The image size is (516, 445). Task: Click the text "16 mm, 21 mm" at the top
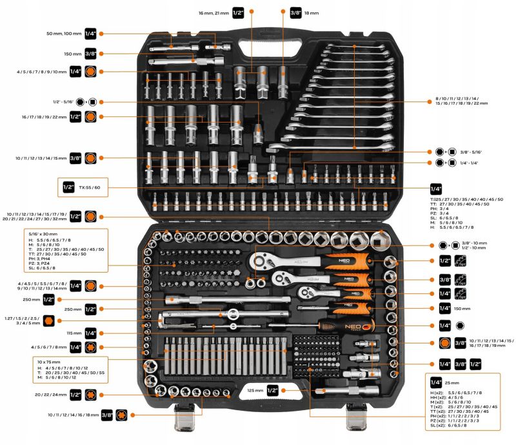[x=213, y=12]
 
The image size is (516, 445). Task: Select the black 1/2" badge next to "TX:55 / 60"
[x=69, y=187]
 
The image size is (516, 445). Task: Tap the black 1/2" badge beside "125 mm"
[x=272, y=390]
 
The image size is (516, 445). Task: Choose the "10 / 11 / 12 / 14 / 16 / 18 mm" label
[x=74, y=415]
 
